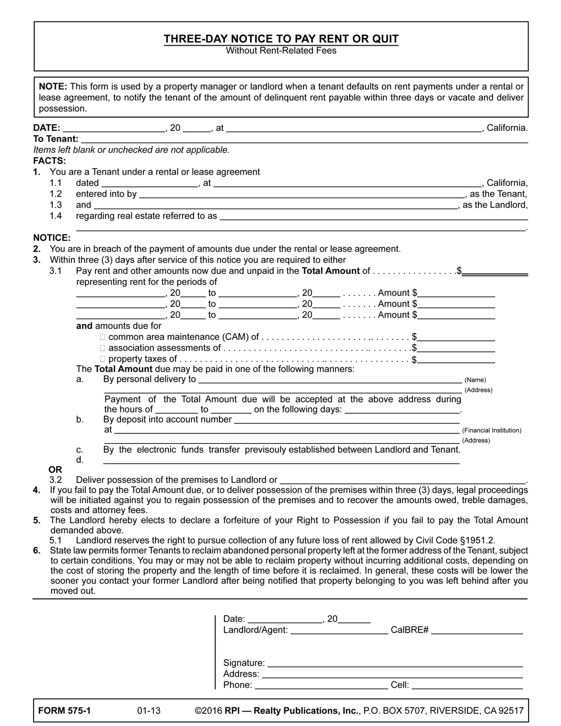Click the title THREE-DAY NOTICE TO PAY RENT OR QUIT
280,39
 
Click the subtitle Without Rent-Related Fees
280,51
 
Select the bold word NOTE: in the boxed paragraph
53,86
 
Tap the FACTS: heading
50,161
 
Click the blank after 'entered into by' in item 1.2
301,194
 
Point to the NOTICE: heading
52,238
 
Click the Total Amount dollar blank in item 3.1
495,271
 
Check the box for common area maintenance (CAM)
102,337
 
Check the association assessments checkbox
102,348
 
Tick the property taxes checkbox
102,359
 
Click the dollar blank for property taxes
456,360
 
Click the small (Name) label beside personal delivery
475,380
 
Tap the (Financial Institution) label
492,431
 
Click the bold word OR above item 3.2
56,470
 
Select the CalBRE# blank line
477,630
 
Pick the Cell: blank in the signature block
467,685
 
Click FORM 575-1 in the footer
64,711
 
